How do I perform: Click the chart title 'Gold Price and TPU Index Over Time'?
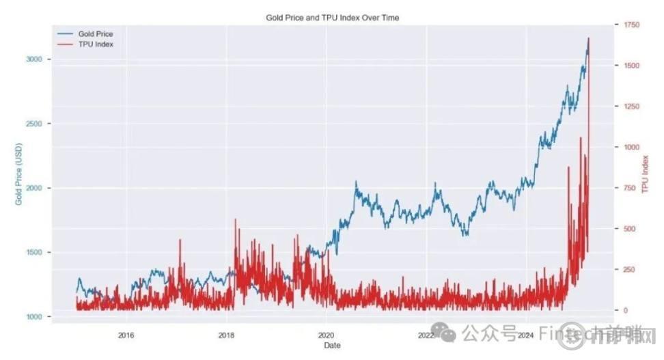(x=332, y=17)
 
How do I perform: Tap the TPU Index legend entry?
(x=95, y=44)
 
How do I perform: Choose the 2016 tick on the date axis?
(x=126, y=335)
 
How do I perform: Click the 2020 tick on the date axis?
(x=326, y=335)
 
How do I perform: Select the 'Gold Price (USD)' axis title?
(x=19, y=174)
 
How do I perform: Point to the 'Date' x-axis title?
(x=333, y=346)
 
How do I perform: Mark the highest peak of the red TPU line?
(x=589, y=38)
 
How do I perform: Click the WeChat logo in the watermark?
(x=448, y=334)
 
